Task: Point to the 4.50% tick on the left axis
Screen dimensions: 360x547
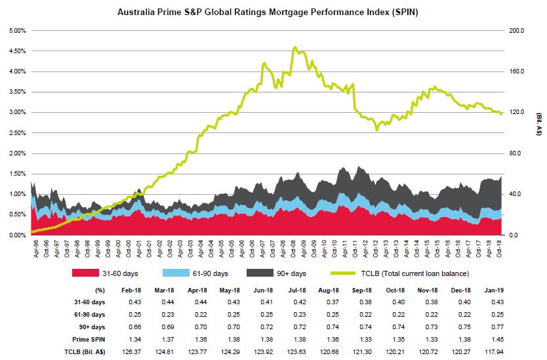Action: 16,51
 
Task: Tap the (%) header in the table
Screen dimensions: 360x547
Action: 100,289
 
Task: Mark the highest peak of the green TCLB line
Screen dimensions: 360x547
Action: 295,47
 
